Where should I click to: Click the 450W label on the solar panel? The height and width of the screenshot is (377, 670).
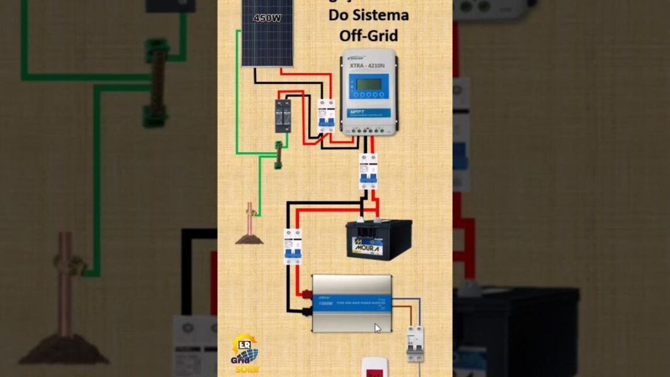tap(267, 18)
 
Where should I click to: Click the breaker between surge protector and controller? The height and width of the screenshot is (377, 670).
tap(325, 117)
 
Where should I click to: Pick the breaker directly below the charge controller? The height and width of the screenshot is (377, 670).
tap(368, 171)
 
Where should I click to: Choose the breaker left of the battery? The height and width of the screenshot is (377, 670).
tap(292, 246)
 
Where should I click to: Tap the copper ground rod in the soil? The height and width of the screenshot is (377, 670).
tap(249, 219)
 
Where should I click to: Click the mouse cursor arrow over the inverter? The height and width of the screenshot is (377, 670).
tap(378, 327)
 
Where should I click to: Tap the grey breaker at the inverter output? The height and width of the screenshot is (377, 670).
tap(415, 342)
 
